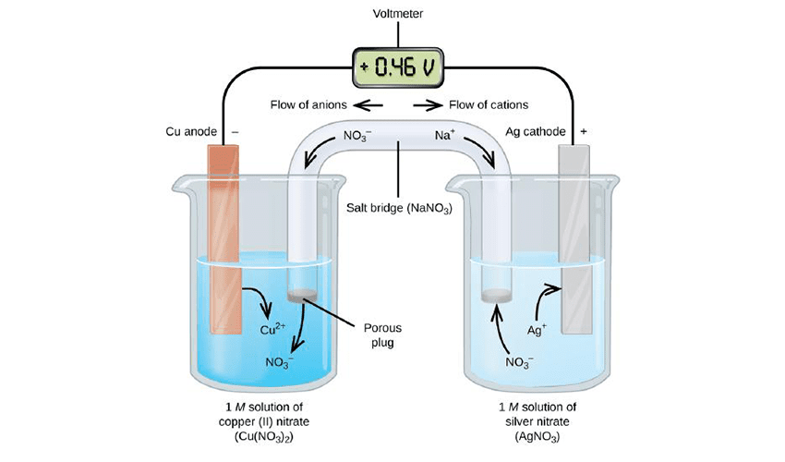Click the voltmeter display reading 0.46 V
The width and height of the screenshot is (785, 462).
(398, 67)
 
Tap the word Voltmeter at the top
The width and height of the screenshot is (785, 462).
(398, 14)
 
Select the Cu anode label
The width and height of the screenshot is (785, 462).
(191, 131)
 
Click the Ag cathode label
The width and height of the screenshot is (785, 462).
(535, 131)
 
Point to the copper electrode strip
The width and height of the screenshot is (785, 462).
(223, 239)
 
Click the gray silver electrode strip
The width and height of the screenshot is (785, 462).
(574, 239)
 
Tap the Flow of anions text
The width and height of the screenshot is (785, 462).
(308, 104)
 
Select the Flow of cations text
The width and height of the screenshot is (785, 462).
(489, 104)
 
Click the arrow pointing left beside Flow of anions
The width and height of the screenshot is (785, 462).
(368, 105)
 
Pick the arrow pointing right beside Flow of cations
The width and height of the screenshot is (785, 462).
(428, 105)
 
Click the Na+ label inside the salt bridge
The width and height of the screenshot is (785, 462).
(444, 135)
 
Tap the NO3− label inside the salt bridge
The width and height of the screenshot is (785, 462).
(357, 136)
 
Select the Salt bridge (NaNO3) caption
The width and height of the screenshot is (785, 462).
(399, 208)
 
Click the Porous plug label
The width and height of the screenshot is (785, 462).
(382, 335)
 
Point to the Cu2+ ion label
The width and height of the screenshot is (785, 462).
(272, 329)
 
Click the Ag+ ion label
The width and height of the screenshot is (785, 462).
(537, 330)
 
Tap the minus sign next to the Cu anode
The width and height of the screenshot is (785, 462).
(235, 132)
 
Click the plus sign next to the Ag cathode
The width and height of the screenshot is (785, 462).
(584, 132)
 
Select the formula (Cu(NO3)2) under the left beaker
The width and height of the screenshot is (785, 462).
(264, 437)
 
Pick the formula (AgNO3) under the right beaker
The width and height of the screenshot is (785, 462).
(537, 437)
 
